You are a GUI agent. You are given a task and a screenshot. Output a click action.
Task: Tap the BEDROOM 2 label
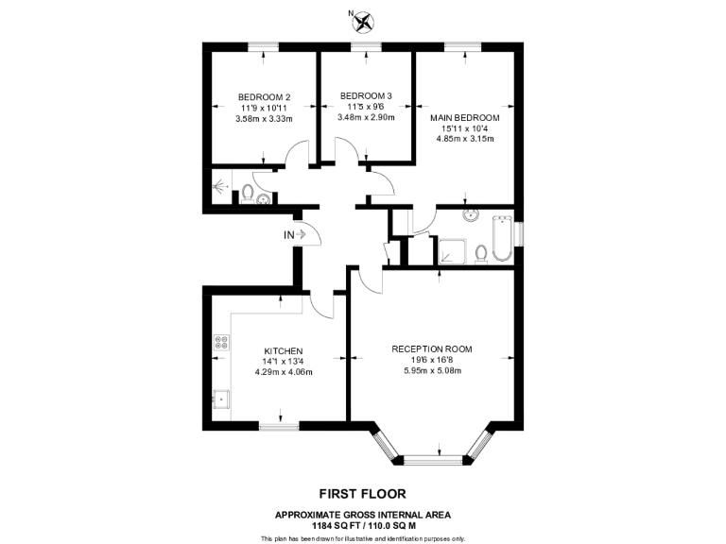264,96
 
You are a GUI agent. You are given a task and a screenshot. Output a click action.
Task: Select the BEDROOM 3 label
366,95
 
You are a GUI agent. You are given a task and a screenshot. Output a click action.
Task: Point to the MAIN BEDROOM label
465,118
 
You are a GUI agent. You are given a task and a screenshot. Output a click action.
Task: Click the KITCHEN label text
283,351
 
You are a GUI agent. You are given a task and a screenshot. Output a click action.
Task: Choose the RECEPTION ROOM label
432,348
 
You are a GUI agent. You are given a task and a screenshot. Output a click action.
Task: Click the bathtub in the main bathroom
501,241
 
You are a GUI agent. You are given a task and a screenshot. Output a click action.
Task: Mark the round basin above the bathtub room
470,215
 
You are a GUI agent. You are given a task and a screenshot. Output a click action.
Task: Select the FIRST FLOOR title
363,493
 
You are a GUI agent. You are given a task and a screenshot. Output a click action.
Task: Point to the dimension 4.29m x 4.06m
283,372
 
